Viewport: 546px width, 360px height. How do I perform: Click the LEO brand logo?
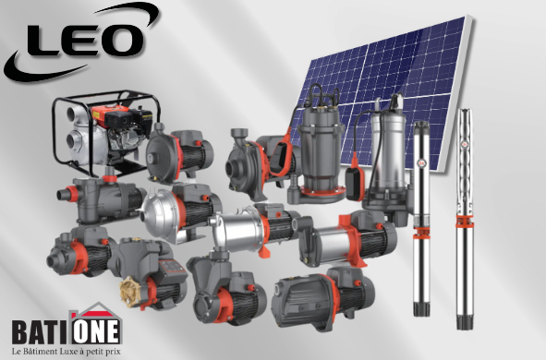[80, 42]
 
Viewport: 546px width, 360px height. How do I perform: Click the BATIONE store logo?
[67, 325]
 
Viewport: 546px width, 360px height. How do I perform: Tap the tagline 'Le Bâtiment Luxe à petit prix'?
[67, 351]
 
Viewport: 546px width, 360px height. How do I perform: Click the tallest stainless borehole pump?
[465, 219]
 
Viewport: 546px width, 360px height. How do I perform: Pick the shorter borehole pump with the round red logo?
[421, 219]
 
